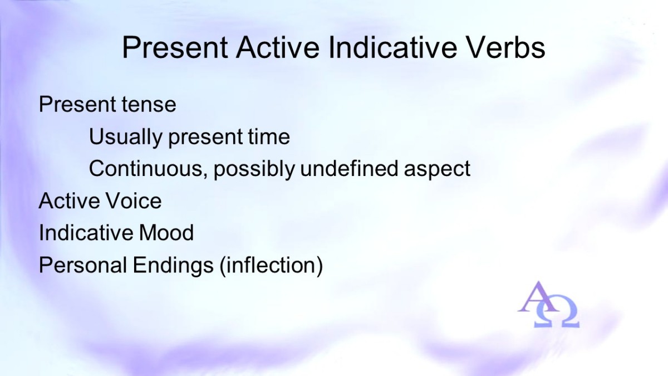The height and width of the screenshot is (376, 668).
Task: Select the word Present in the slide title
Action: tap(175, 48)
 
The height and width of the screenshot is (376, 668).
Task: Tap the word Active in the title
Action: tap(278, 48)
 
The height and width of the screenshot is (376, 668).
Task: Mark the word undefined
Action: tap(349, 168)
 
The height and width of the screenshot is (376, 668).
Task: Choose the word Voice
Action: tap(134, 201)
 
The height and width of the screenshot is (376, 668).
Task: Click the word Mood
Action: tap(166, 233)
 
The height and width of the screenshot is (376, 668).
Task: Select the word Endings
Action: tap(173, 266)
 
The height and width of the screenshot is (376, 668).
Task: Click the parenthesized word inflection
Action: tap(271, 266)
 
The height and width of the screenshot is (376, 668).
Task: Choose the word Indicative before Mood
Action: tap(86, 232)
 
